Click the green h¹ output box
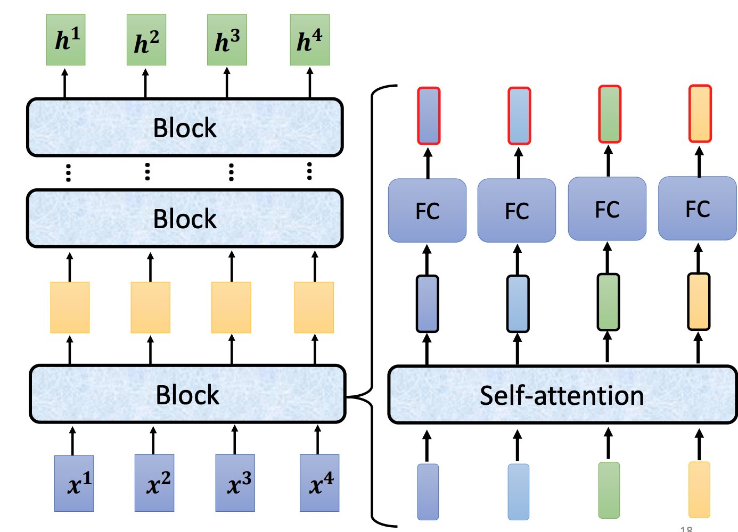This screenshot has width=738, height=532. [65, 40]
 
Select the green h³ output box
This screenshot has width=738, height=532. [227, 40]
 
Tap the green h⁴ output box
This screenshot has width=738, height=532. [309, 40]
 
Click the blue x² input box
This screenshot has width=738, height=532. [154, 483]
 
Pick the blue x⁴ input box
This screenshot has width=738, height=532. [319, 483]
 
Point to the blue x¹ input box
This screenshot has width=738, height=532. [74, 484]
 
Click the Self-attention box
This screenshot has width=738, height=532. [562, 395]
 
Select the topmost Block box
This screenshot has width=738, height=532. [185, 128]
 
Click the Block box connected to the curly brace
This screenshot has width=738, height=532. [187, 394]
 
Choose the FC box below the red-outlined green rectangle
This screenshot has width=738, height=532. [607, 209]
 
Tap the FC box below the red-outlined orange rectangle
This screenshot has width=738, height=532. [698, 209]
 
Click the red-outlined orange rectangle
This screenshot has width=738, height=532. [700, 114]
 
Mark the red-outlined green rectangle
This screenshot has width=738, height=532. [610, 114]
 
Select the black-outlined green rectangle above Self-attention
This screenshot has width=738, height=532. [608, 302]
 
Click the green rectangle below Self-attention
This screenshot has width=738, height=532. [609, 490]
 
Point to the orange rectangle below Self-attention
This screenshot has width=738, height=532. [699, 489]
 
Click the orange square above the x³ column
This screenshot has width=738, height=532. [231, 307]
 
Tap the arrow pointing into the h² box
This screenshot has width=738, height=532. [145, 82]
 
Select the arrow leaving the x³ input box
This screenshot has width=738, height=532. [235, 439]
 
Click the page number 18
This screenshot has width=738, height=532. [686, 529]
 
